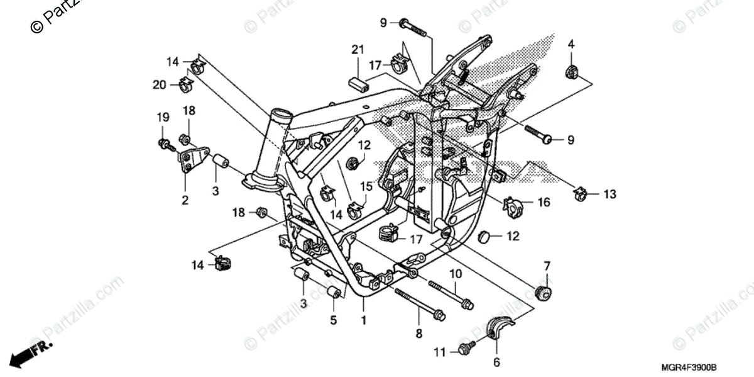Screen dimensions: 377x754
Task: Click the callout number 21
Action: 358,50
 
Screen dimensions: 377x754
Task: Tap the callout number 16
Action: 544,202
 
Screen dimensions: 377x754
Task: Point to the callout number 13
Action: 610,194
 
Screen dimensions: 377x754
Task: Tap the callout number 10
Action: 456,274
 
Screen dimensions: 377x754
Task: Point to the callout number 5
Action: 334,320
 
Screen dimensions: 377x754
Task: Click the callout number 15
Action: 366,187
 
